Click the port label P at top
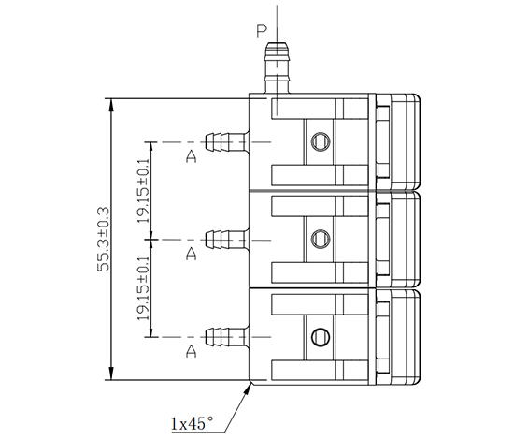pyautogui.click(x=262, y=32)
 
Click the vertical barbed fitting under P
pyautogui.click(x=277, y=67)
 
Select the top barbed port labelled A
pyautogui.click(x=227, y=142)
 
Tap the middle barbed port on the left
pyautogui.click(x=227, y=240)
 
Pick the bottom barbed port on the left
pyautogui.click(x=227, y=337)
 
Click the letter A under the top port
pyautogui.click(x=191, y=156)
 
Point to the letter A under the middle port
pyautogui.click(x=191, y=254)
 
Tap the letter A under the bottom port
pyautogui.click(x=191, y=351)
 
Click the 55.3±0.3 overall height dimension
pyautogui.click(x=104, y=239)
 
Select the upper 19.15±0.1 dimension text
pyautogui.click(x=143, y=191)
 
